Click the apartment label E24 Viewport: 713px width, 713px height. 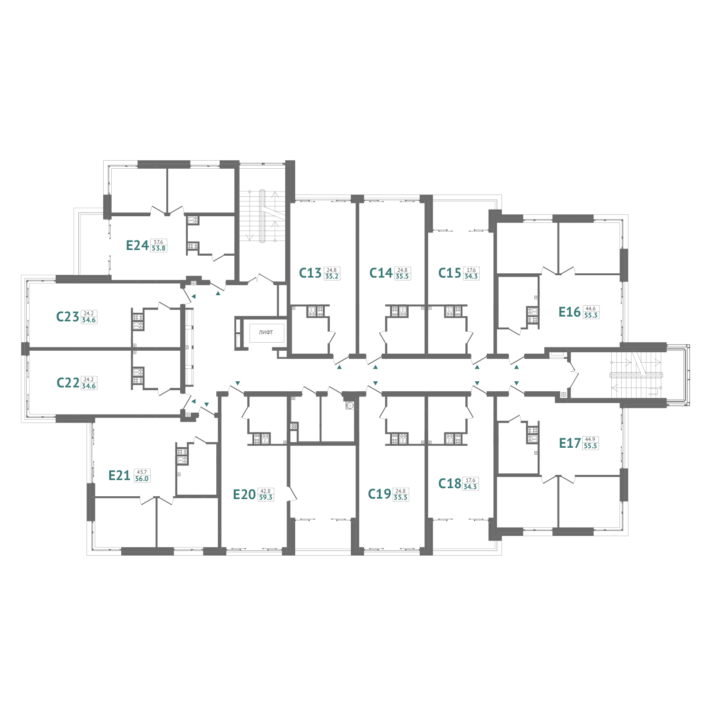tap(137, 245)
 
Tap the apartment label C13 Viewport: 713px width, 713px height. tap(310, 273)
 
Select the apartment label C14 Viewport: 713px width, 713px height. tap(381, 273)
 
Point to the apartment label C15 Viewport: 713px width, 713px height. tap(450, 273)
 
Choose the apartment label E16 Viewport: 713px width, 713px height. tap(569, 312)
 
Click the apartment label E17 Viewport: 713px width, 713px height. tap(570, 443)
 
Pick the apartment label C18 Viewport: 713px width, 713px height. tap(450, 483)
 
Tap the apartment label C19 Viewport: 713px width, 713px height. tap(380, 494)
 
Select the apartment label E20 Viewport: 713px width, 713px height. tap(244, 494)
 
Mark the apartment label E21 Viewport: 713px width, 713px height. tap(119, 475)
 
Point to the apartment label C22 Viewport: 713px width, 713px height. tap(68, 383)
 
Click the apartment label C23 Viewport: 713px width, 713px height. tap(67, 317)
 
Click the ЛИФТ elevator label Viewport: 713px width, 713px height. tap(266, 332)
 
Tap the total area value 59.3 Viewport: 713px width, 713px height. tap(266, 498)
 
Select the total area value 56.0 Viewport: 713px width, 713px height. tap(142, 479)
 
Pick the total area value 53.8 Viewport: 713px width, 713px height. tap(158, 248)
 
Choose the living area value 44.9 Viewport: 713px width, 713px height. tap(590, 440)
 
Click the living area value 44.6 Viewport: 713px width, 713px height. tap(590, 308)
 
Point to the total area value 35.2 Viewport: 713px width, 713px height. tap(332, 276)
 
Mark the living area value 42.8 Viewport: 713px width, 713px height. tap(266, 491)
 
